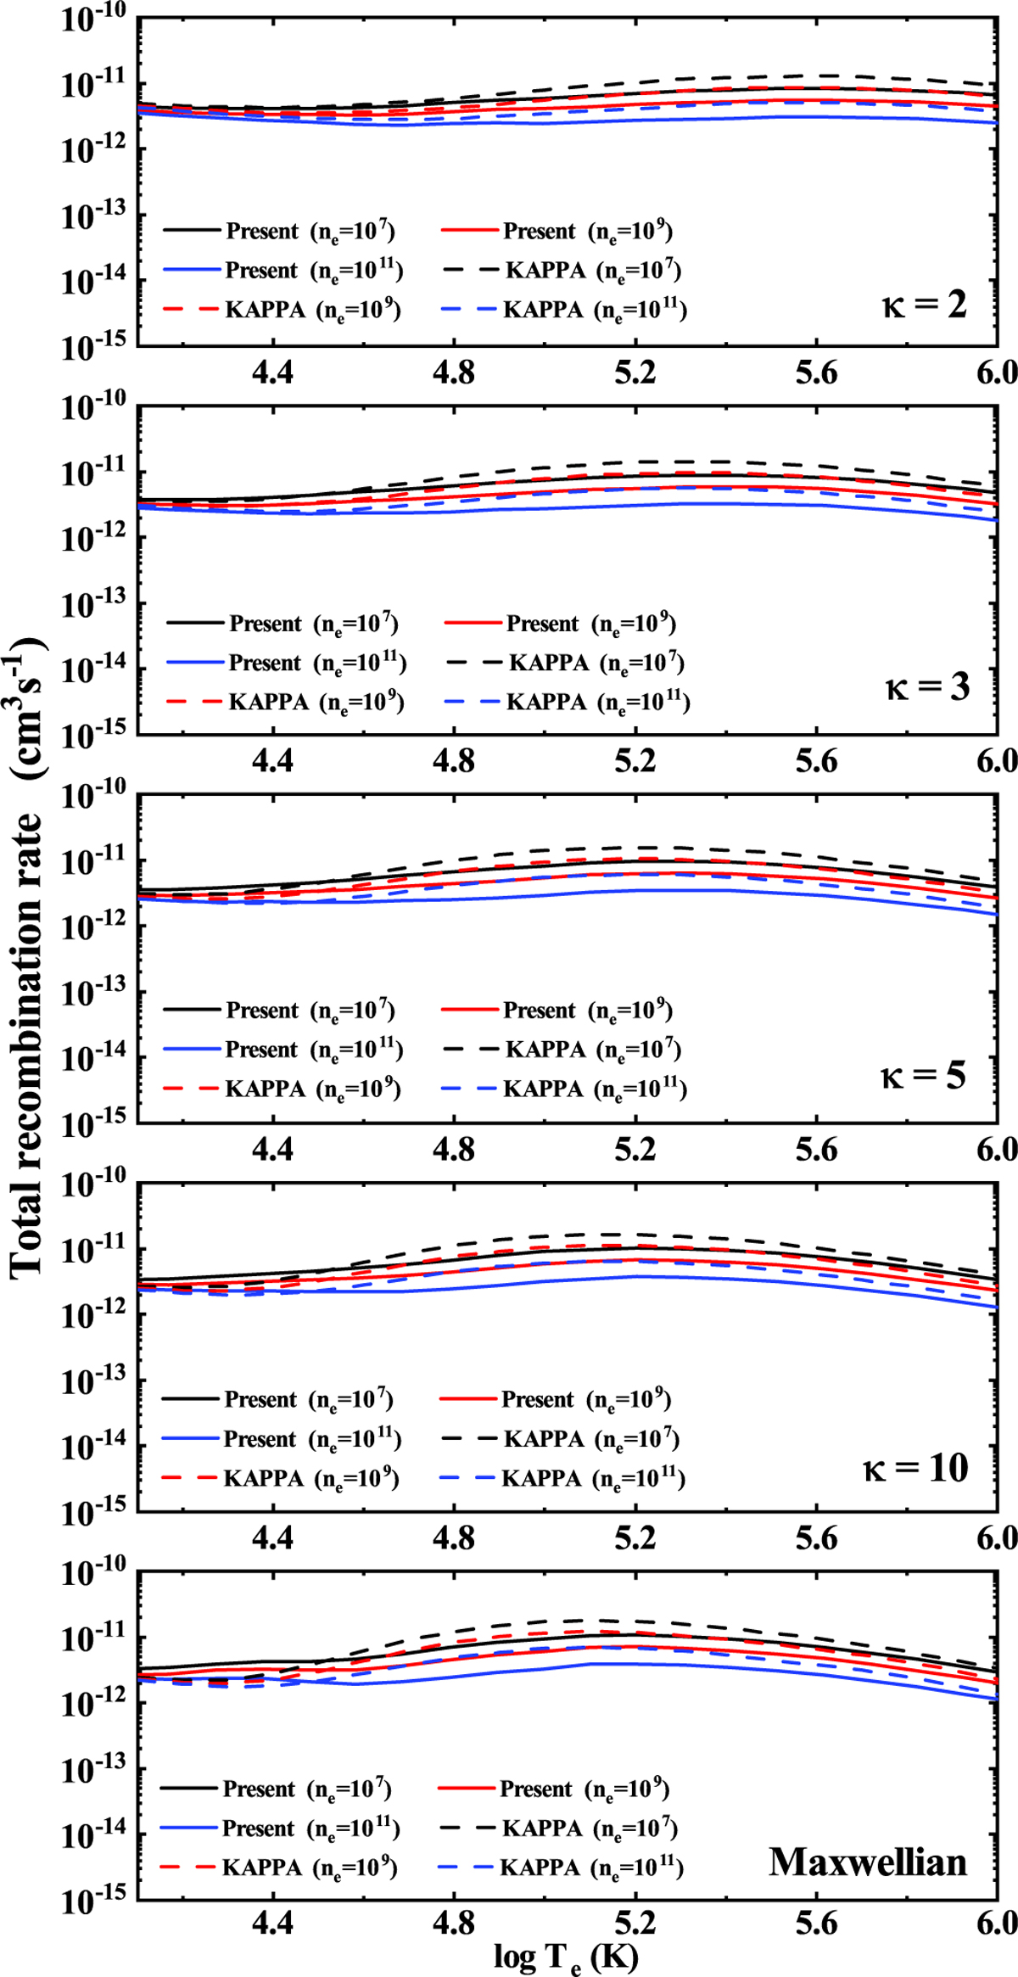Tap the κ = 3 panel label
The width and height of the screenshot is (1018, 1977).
pyautogui.click(x=926, y=686)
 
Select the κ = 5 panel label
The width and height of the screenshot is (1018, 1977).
pyautogui.click(x=923, y=1076)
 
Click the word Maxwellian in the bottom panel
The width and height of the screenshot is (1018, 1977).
pyautogui.click(x=867, y=1862)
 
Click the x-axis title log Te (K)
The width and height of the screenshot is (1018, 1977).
pyautogui.click(x=566, y=1957)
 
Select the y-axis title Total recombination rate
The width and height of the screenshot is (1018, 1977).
pyautogui.click(x=27, y=959)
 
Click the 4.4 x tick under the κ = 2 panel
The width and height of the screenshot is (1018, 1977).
pyautogui.click(x=272, y=372)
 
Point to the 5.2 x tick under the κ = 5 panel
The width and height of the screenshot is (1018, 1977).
pyautogui.click(x=635, y=1149)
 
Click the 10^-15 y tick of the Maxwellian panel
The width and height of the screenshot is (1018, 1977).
pyautogui.click(x=92, y=1901)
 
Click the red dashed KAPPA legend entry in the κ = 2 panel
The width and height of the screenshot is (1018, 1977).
pyautogui.click(x=280, y=310)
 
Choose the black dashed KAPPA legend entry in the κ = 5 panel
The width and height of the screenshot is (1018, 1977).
pyautogui.click(x=561, y=1050)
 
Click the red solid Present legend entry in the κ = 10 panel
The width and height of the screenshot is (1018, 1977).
pyautogui.click(x=555, y=1399)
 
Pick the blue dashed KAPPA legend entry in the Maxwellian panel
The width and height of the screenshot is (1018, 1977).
pyautogui.click(x=561, y=1868)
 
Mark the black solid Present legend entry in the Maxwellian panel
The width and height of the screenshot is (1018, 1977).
pyautogui.click(x=276, y=1789)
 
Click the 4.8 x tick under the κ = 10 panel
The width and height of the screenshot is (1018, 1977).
pyautogui.click(x=454, y=1537)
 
